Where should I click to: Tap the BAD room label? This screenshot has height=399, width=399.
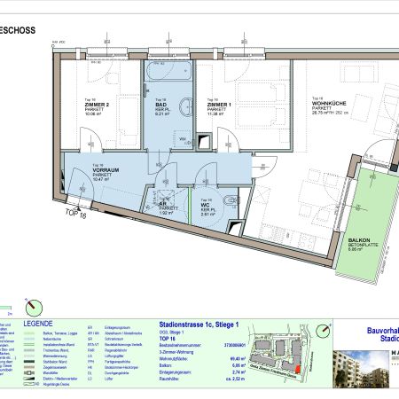click(160, 105)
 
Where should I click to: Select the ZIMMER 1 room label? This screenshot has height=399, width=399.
click(219, 105)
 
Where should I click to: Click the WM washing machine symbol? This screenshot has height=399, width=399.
click(181, 139)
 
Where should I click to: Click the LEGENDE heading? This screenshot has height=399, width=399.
click(39, 325)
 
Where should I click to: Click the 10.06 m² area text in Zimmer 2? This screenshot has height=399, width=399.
click(96, 113)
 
